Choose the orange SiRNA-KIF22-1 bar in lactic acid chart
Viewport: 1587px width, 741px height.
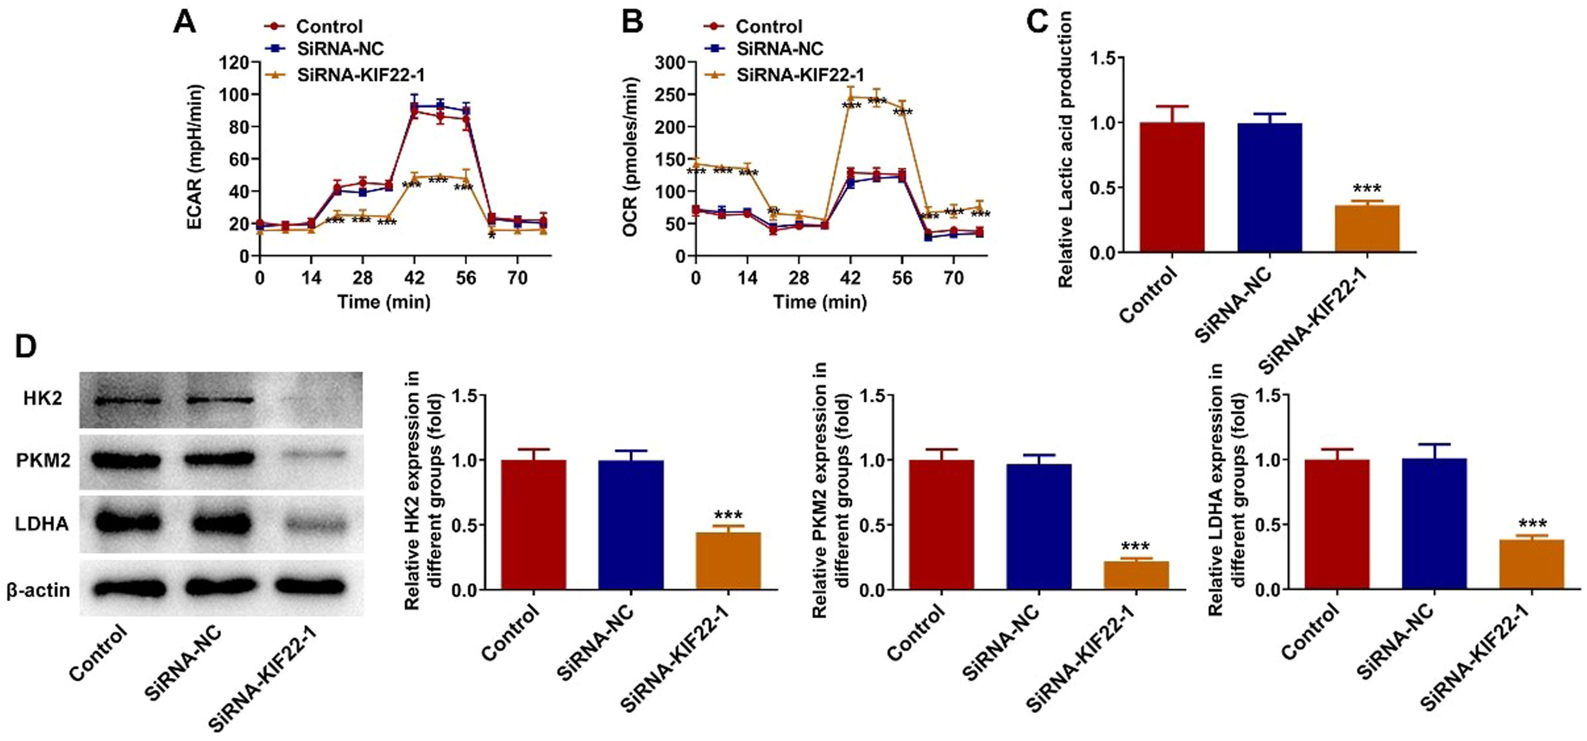[x=1367, y=229]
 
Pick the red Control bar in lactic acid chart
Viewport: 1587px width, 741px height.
[x=1172, y=187]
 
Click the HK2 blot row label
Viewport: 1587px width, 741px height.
[x=43, y=399]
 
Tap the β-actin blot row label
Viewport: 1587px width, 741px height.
[x=38, y=590]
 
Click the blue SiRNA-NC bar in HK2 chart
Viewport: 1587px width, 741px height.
[x=630, y=525]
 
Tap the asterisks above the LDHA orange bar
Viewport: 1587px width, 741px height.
[x=1532, y=524]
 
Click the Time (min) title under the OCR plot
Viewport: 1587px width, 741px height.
[x=819, y=302]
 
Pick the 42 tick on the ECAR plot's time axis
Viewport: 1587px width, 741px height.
[x=414, y=278]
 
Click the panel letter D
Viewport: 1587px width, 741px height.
[x=25, y=347]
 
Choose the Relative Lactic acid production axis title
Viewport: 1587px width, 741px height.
[x=1065, y=150]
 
